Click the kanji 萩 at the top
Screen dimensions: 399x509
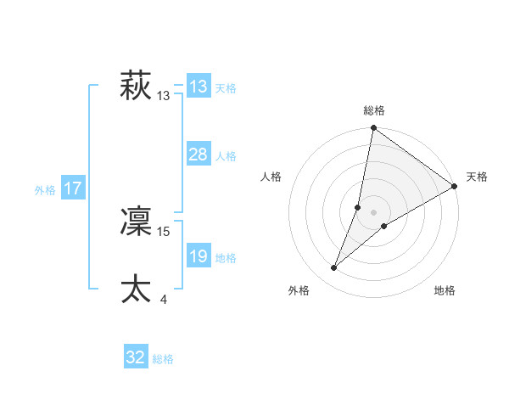(136, 87)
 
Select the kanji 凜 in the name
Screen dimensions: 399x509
(136, 221)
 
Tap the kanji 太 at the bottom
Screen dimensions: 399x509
(136, 289)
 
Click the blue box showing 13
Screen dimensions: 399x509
(199, 87)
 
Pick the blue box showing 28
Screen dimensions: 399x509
(199, 155)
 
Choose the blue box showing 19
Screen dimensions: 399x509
(199, 256)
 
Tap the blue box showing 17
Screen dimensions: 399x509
(73, 188)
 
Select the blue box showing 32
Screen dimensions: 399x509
(136, 357)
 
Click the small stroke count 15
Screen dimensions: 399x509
(164, 231)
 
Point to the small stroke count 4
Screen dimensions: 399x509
(163, 299)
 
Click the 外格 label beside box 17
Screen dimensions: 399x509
(45, 190)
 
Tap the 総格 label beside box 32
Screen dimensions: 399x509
(163, 359)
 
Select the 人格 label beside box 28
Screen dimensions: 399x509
(226, 156)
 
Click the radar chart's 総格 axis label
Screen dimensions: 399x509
(374, 110)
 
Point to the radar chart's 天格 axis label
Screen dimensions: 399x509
(477, 177)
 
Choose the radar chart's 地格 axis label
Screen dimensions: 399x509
(445, 291)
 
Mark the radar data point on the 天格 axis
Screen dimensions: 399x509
(455, 186)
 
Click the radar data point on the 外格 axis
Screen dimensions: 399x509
(334, 268)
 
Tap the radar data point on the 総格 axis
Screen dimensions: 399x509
(373, 128)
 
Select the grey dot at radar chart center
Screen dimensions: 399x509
(373, 212)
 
